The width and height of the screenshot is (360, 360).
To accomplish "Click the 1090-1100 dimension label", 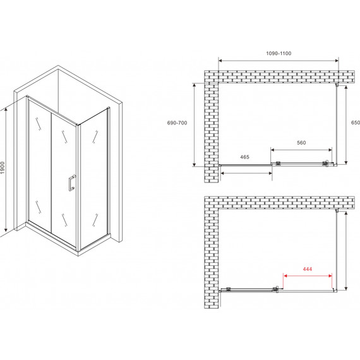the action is pos(279,54).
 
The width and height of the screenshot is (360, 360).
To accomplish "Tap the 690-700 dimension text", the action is pos(177,123).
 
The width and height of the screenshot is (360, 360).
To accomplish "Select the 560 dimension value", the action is pos(301,143).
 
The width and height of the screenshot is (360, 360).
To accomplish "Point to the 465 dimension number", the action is pos(244,157).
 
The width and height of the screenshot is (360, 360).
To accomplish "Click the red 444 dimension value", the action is pos(307,269).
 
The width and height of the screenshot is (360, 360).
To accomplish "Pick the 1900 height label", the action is pos(3,167).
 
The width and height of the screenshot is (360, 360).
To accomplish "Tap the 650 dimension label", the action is pos(356,123).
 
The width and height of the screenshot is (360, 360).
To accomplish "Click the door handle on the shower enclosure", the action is pos(71,183).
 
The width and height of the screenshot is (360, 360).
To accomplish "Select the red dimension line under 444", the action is pos(308,275).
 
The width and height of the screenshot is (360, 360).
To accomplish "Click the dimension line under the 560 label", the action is pos(301,150).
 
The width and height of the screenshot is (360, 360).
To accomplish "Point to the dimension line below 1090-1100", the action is pos(279,61).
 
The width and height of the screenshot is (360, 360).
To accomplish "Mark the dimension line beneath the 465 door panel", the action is pos(246,173).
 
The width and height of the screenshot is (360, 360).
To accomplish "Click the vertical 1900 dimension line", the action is pos(6,170).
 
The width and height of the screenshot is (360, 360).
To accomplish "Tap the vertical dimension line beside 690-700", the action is pos(195,124).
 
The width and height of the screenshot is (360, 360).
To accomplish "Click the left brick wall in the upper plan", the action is pos(211,133).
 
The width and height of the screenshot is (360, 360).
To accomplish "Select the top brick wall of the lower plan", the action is pos(279,203).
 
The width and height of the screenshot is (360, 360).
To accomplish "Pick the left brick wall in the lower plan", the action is pos(211,258).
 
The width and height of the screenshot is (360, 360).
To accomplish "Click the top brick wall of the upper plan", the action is pos(279,76).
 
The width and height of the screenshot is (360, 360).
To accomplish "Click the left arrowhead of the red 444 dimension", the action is pos(285,275).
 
